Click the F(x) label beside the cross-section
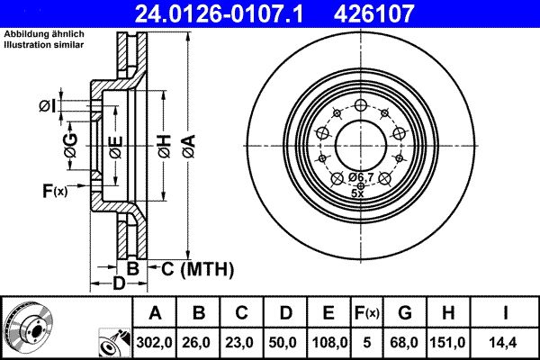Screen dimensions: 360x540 point(55,190)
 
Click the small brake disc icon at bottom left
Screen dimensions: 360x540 point(27,327)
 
